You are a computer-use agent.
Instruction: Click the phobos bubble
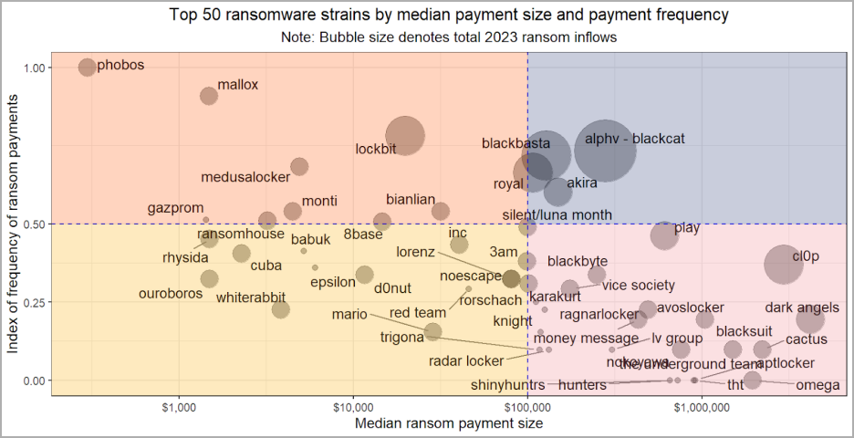[x=87, y=67]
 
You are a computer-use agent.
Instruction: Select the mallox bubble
[x=209, y=96]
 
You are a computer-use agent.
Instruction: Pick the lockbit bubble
[x=404, y=136]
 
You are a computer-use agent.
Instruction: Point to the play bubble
[x=665, y=235]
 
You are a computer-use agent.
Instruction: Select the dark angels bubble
[x=809, y=318]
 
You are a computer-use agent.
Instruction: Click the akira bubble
[x=557, y=192]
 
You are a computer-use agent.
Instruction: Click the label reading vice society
[x=638, y=286]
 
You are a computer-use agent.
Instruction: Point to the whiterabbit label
[x=251, y=297]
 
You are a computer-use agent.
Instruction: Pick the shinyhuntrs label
[x=507, y=385]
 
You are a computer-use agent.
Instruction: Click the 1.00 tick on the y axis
[x=35, y=68]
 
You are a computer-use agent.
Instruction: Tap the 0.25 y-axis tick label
[x=35, y=302]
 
